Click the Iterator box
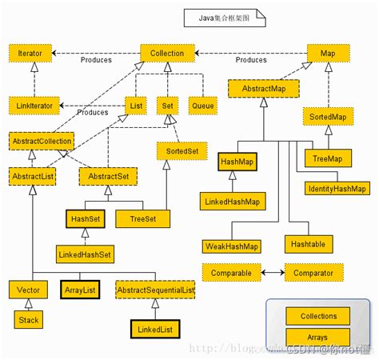pyautogui.click(x=30, y=54)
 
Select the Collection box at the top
pyautogui.click(x=167, y=54)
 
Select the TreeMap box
pyautogui.click(x=327, y=159)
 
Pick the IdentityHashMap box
pyautogui.click(x=337, y=189)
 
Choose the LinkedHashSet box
pyautogui.click(x=84, y=254)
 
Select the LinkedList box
pyautogui.click(x=155, y=328)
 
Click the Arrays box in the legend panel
pyautogui.click(x=317, y=337)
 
